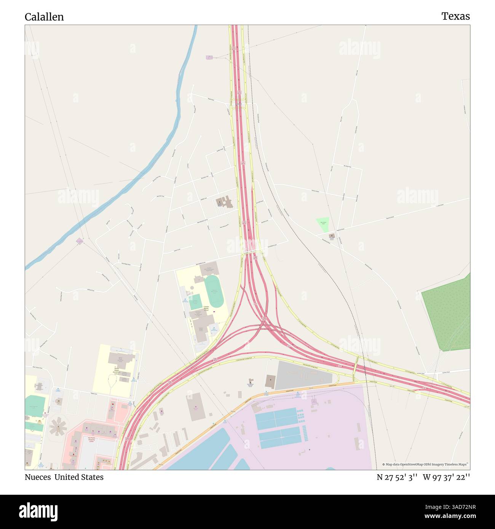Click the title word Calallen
44,17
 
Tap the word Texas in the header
455,16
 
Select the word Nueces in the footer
38,477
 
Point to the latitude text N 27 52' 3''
398,477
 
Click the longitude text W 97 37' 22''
446,477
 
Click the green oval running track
215,292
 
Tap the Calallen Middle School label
206,308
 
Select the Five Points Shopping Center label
92,440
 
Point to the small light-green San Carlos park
323,225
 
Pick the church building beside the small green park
332,236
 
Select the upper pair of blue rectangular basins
276,417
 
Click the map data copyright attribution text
425,464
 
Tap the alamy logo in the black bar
38,511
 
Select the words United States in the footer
79,477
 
